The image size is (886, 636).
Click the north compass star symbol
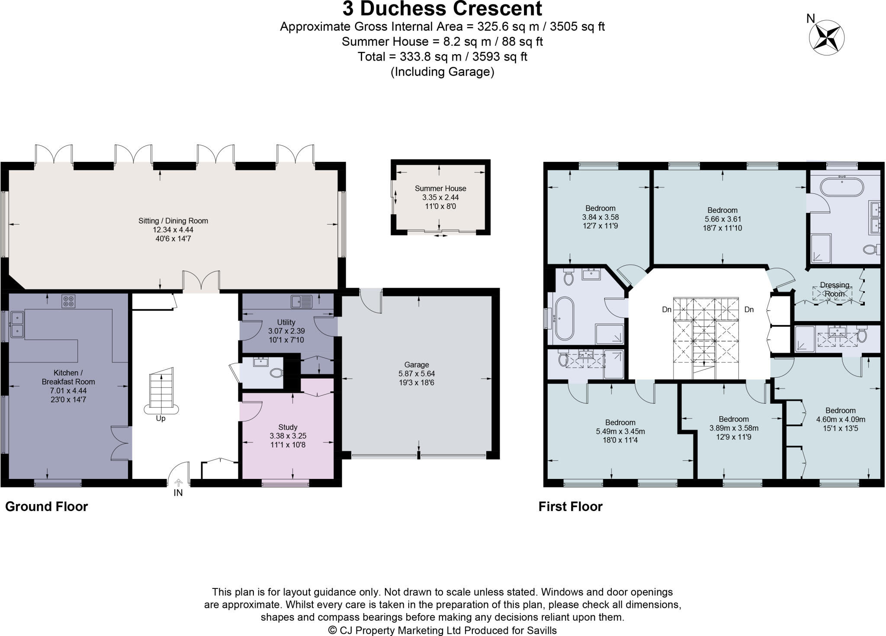pos(826,38)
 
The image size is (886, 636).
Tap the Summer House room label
pos(440,189)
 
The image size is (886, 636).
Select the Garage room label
pos(417,365)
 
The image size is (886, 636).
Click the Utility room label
pos(286,322)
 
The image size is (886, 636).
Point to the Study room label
pos(288,427)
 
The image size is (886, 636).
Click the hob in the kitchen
pos(69,301)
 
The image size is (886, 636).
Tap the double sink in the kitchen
pos(17,324)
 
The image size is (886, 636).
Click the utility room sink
pos(302,301)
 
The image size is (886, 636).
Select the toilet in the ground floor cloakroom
pos(276,373)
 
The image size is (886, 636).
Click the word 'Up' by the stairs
pos(161,419)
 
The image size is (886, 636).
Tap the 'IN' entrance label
pos(178,493)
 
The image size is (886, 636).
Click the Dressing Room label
pos(835,289)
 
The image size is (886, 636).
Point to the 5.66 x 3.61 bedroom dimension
pos(722,219)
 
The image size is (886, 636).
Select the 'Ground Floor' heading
pos(47,507)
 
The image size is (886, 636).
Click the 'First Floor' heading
pos(571,507)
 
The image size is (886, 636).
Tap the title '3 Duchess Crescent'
pos(442,9)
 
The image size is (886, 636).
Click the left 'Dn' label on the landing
pos(667,310)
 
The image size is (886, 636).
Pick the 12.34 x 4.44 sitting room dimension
pos(173,230)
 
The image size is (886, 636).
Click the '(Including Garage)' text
pos(442,72)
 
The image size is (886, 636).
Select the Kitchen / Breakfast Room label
pos(68,377)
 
